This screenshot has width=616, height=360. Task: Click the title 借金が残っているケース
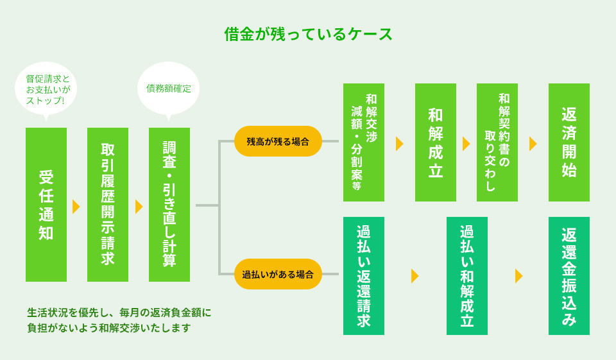click(x=308, y=34)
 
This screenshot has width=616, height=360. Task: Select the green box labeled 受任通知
click(x=46, y=205)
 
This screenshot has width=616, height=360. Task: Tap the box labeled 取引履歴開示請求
click(x=108, y=205)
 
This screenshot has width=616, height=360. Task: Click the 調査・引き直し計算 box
click(x=169, y=205)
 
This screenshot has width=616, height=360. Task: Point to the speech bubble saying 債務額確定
click(x=169, y=89)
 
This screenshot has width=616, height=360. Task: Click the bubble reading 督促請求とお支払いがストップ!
click(x=46, y=89)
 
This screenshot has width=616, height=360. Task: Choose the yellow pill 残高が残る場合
click(x=278, y=141)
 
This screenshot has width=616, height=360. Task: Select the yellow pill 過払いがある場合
click(x=278, y=274)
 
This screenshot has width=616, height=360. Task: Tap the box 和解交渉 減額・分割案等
click(x=364, y=142)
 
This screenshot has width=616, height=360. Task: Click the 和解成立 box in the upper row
click(x=436, y=142)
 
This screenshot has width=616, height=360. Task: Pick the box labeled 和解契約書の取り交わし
click(x=497, y=142)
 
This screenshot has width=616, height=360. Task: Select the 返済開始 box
click(x=569, y=142)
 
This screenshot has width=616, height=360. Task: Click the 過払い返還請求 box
click(x=364, y=276)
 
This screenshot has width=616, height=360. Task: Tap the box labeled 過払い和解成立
click(x=467, y=276)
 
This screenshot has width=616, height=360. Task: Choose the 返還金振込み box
click(x=569, y=276)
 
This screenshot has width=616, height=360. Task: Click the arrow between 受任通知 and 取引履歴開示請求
click(x=76, y=207)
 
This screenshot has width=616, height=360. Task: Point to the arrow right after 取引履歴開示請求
click(x=139, y=207)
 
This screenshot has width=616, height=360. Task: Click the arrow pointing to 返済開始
click(x=533, y=144)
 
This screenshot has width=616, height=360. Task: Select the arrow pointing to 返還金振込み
click(x=518, y=276)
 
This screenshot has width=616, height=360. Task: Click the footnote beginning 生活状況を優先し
click(x=119, y=320)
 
